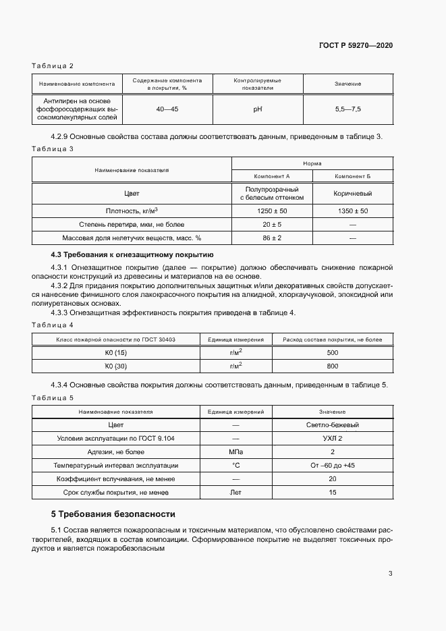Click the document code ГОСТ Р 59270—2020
click(x=355, y=45)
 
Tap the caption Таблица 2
click(x=53, y=65)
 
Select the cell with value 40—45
click(x=167, y=108)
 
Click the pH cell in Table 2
click(x=257, y=108)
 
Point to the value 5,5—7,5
click(x=347, y=108)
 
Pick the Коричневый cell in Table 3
click(x=353, y=193)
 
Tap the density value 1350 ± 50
click(x=353, y=211)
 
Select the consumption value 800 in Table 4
click(x=332, y=366)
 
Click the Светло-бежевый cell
click(x=332, y=425)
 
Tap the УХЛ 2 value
click(x=332, y=439)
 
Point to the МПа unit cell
click(x=236, y=452)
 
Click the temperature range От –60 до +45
click(x=332, y=466)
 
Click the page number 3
click(x=390, y=574)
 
